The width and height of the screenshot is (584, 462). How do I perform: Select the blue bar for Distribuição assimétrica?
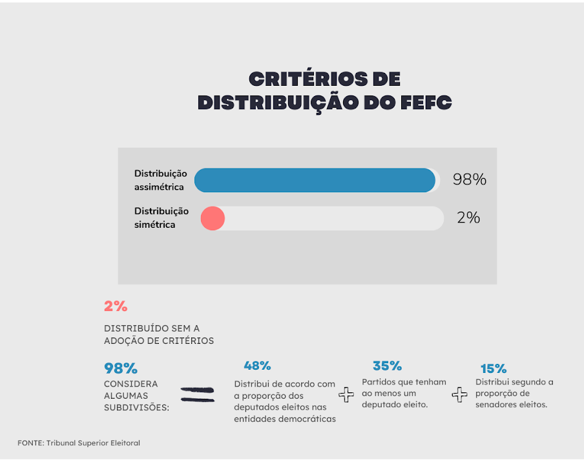point(315,180)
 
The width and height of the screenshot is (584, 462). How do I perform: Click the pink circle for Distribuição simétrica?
point(213,218)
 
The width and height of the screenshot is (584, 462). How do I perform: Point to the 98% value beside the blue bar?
point(469,180)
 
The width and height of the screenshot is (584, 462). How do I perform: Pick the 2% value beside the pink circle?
point(468,218)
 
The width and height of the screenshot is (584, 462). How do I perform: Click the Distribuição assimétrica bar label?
point(160,180)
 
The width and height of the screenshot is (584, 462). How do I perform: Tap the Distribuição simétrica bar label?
point(161,218)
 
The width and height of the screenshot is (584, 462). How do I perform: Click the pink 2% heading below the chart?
point(116,306)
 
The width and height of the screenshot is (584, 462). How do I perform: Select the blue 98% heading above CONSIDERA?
point(121,368)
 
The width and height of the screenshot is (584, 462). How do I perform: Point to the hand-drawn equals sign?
point(198,394)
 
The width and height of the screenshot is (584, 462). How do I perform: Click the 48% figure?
point(257,366)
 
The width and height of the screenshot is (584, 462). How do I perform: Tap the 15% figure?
point(494,369)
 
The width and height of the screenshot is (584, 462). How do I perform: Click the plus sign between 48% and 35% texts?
point(347,395)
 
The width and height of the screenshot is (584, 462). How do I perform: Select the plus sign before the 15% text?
point(459,395)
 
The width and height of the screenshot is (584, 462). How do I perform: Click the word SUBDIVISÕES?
point(136,407)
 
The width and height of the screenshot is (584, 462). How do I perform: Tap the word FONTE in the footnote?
point(30,443)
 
